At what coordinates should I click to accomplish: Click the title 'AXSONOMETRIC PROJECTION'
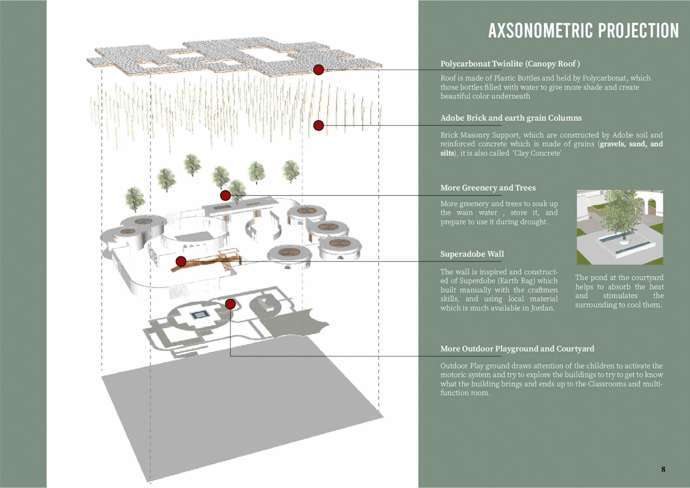[x=583, y=31]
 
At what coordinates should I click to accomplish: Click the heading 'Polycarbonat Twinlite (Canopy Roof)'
[x=510, y=64]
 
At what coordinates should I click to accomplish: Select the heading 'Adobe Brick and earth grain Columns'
[x=511, y=118]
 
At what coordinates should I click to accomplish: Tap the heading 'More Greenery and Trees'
[x=488, y=188]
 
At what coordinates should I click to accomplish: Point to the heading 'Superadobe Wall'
[x=472, y=254]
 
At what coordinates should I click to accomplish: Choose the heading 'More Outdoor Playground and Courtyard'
[x=517, y=349]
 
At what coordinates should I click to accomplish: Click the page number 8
[x=663, y=469]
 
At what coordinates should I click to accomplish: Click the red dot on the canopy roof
[x=318, y=70]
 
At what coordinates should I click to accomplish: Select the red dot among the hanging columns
[x=318, y=125]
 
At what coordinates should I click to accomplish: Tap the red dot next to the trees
[x=225, y=195]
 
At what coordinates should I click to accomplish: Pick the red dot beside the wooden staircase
[x=181, y=261]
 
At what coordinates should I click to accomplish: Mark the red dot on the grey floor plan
[x=230, y=304]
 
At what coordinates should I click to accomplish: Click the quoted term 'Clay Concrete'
[x=538, y=153]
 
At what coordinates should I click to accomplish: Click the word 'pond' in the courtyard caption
[x=598, y=278]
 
